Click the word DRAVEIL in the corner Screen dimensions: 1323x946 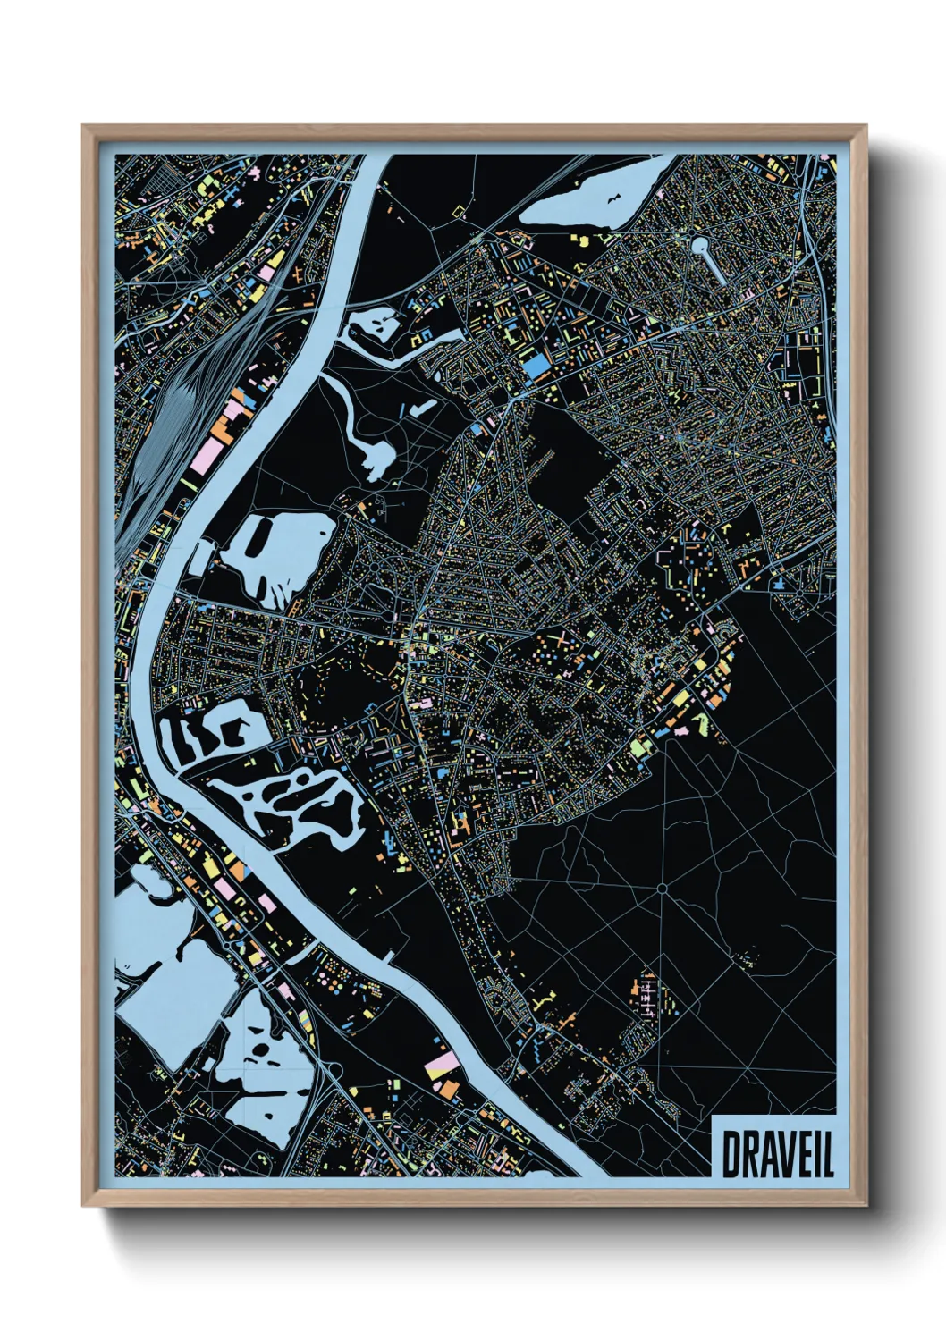[x=775, y=1154]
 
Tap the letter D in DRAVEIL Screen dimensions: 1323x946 [x=731, y=1154]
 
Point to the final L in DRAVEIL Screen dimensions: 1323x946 [x=827, y=1154]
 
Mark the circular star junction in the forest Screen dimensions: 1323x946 [x=662, y=889]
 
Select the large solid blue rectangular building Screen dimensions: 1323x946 [x=537, y=367]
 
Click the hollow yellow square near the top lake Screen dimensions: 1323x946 [x=460, y=213]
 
